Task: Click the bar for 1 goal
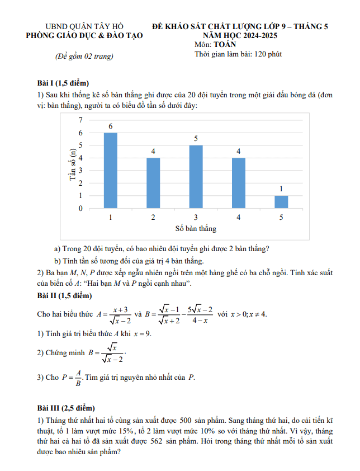click(x=111, y=171)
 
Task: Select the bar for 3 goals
click(x=196, y=177)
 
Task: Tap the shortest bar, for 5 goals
click(x=281, y=202)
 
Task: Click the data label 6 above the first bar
click(x=111, y=127)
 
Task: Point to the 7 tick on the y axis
click(x=80, y=120)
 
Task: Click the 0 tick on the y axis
click(x=80, y=209)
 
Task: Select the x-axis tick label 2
click(x=153, y=218)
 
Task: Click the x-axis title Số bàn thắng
click(x=196, y=229)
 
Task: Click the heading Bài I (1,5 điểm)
click(x=64, y=83)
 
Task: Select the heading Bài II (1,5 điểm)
click(x=64, y=295)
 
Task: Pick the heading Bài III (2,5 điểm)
click(x=66, y=408)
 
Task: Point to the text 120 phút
click(x=268, y=54)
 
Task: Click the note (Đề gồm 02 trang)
click(x=84, y=56)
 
